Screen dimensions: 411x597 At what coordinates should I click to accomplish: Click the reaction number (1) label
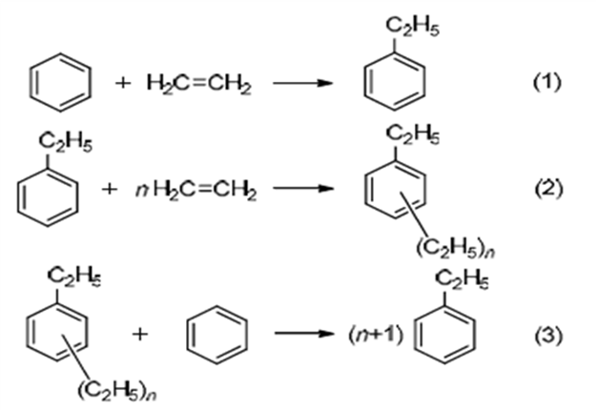[x=547, y=82]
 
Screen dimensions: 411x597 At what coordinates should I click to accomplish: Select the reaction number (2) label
[x=547, y=188]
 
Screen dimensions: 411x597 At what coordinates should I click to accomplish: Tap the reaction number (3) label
[x=547, y=336]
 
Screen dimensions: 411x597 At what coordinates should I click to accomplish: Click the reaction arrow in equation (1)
[x=302, y=83]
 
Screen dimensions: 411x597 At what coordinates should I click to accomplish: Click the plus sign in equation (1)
[x=122, y=83]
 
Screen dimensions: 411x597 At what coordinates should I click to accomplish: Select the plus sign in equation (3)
[x=146, y=337]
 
